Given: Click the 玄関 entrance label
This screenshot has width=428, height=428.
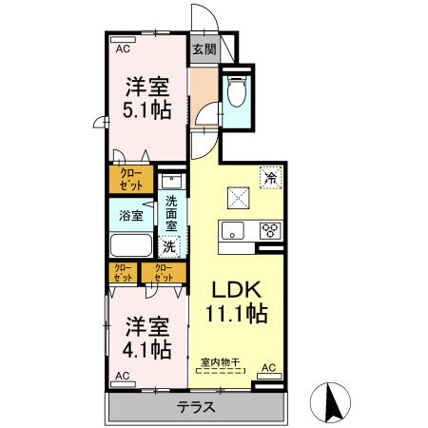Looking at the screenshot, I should tap(204, 49).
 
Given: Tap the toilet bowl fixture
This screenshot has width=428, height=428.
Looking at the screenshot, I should tap(237, 92).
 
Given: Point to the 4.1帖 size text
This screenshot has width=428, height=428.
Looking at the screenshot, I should tap(147, 349).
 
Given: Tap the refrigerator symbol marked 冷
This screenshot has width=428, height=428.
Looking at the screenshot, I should tap(271, 176).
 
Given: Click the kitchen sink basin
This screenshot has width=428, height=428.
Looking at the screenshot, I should tap(234, 230).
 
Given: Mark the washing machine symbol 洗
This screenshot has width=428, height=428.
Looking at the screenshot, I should tap(169, 246).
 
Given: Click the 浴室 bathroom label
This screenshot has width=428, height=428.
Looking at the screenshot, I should tap(131, 216).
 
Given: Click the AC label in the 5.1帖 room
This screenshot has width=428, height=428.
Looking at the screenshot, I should tap(123, 48).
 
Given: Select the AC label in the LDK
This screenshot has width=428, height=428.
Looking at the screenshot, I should tap(268, 368).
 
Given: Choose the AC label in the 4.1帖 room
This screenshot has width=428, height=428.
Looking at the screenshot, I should tap(123, 378).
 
